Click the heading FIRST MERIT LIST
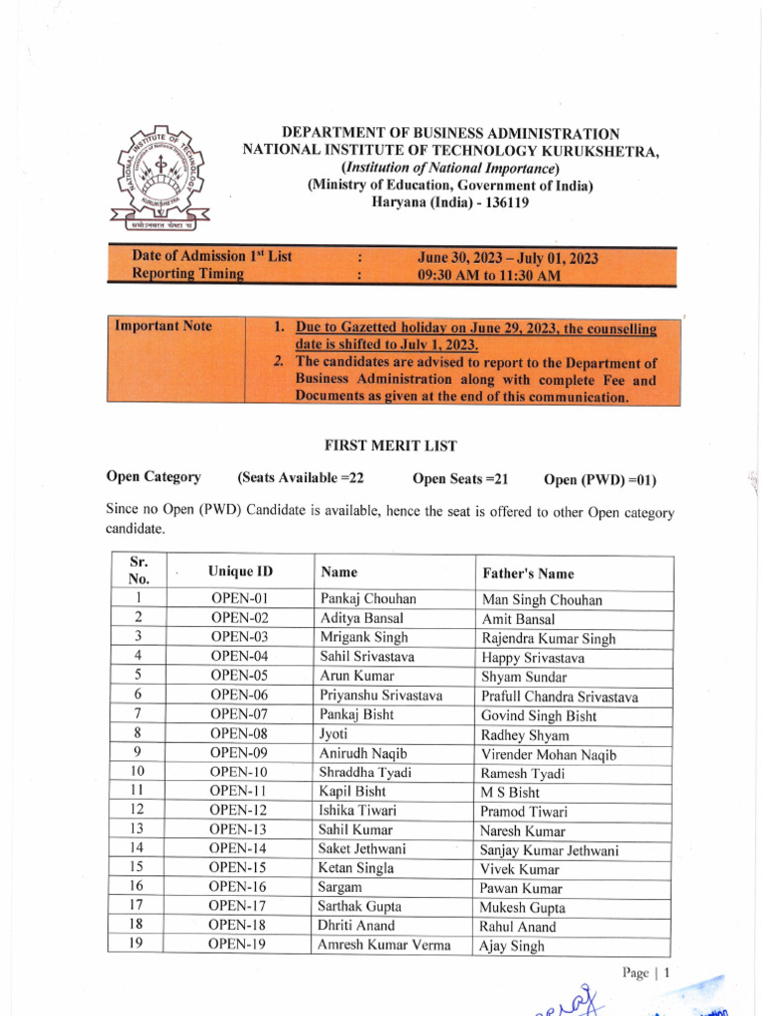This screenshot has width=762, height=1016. pos(381,445)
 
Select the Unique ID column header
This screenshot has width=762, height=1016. pos(240,572)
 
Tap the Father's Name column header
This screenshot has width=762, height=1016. pos(528,573)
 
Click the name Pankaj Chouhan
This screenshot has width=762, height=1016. pos(368,599)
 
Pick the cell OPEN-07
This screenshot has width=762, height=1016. pos(240,714)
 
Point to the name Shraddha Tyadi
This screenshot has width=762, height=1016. pos(365,772)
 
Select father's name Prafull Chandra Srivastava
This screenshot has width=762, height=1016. pos(560,697)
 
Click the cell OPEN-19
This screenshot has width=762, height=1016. pos(238,945)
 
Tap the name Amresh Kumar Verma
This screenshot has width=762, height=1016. pos(383,945)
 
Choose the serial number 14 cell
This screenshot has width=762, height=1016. pos(137,848)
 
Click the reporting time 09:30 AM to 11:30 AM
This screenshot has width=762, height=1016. pos(489,276)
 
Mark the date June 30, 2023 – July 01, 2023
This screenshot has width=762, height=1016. pos(508,258)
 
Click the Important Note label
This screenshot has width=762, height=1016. pos(164,326)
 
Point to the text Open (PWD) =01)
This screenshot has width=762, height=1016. pos(599,480)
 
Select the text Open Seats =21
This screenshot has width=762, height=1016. pos(460,479)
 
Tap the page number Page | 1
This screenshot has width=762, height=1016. pos(647,973)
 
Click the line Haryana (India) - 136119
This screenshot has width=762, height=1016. pos(450,201)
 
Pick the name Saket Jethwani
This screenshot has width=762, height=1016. pos(362,848)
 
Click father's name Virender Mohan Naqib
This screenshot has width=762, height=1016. pos(549,754)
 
